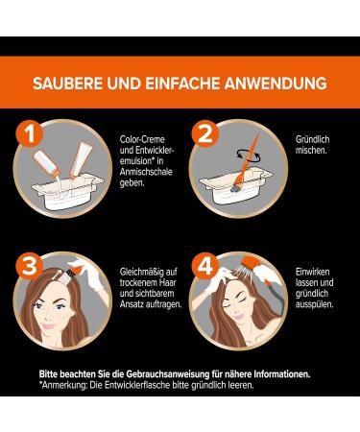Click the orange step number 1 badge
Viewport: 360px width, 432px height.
(x=30, y=133)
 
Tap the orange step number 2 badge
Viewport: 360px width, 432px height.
(x=205, y=133)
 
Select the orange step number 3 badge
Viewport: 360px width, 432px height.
(x=30, y=266)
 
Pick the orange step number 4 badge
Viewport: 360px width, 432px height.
(x=205, y=266)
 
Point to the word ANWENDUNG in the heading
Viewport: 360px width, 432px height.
(x=276, y=84)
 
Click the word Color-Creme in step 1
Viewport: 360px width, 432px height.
(x=142, y=139)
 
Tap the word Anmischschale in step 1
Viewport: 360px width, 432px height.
(x=146, y=172)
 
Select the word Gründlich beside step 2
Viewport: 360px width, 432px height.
(x=312, y=139)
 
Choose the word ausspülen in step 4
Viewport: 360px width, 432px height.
(x=314, y=304)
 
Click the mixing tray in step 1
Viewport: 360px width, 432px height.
(x=67, y=191)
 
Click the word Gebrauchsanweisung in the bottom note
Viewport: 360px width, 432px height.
(x=166, y=374)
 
